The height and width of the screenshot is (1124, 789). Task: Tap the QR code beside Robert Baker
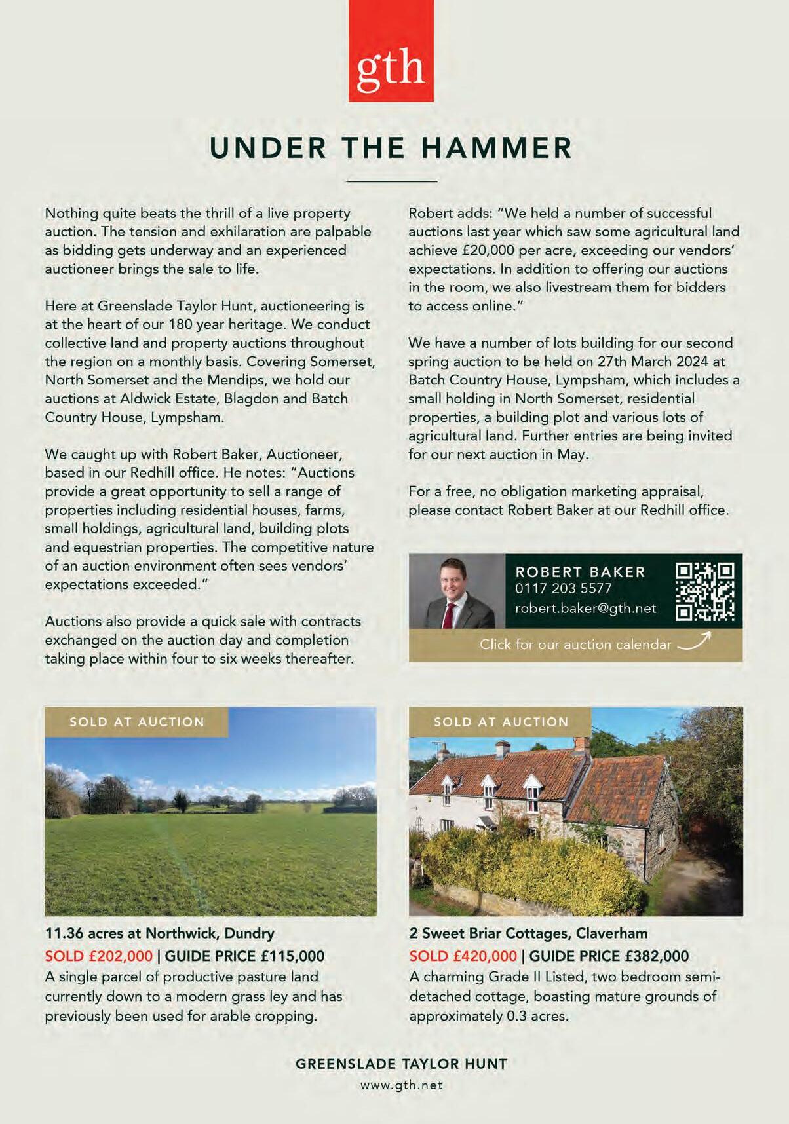[704, 591]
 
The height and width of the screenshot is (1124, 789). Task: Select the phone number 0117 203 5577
[563, 588]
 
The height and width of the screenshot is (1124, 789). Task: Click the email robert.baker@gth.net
[585, 608]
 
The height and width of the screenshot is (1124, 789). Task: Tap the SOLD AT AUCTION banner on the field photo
[137, 722]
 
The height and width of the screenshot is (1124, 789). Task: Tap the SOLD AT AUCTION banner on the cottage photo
[501, 722]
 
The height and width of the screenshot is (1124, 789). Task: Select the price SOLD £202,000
[98, 956]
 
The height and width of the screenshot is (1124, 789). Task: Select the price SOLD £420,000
[463, 956]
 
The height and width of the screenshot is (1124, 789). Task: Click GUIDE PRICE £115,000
[244, 956]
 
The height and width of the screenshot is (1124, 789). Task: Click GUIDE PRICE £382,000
[609, 956]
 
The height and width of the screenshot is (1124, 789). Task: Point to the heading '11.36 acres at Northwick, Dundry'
[159, 933]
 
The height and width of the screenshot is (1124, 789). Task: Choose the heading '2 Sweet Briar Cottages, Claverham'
[528, 933]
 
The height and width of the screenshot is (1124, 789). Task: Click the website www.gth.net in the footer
[401, 1085]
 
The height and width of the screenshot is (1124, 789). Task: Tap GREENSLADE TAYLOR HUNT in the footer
[401, 1064]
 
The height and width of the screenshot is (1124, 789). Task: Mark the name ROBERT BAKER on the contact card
[580, 571]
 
